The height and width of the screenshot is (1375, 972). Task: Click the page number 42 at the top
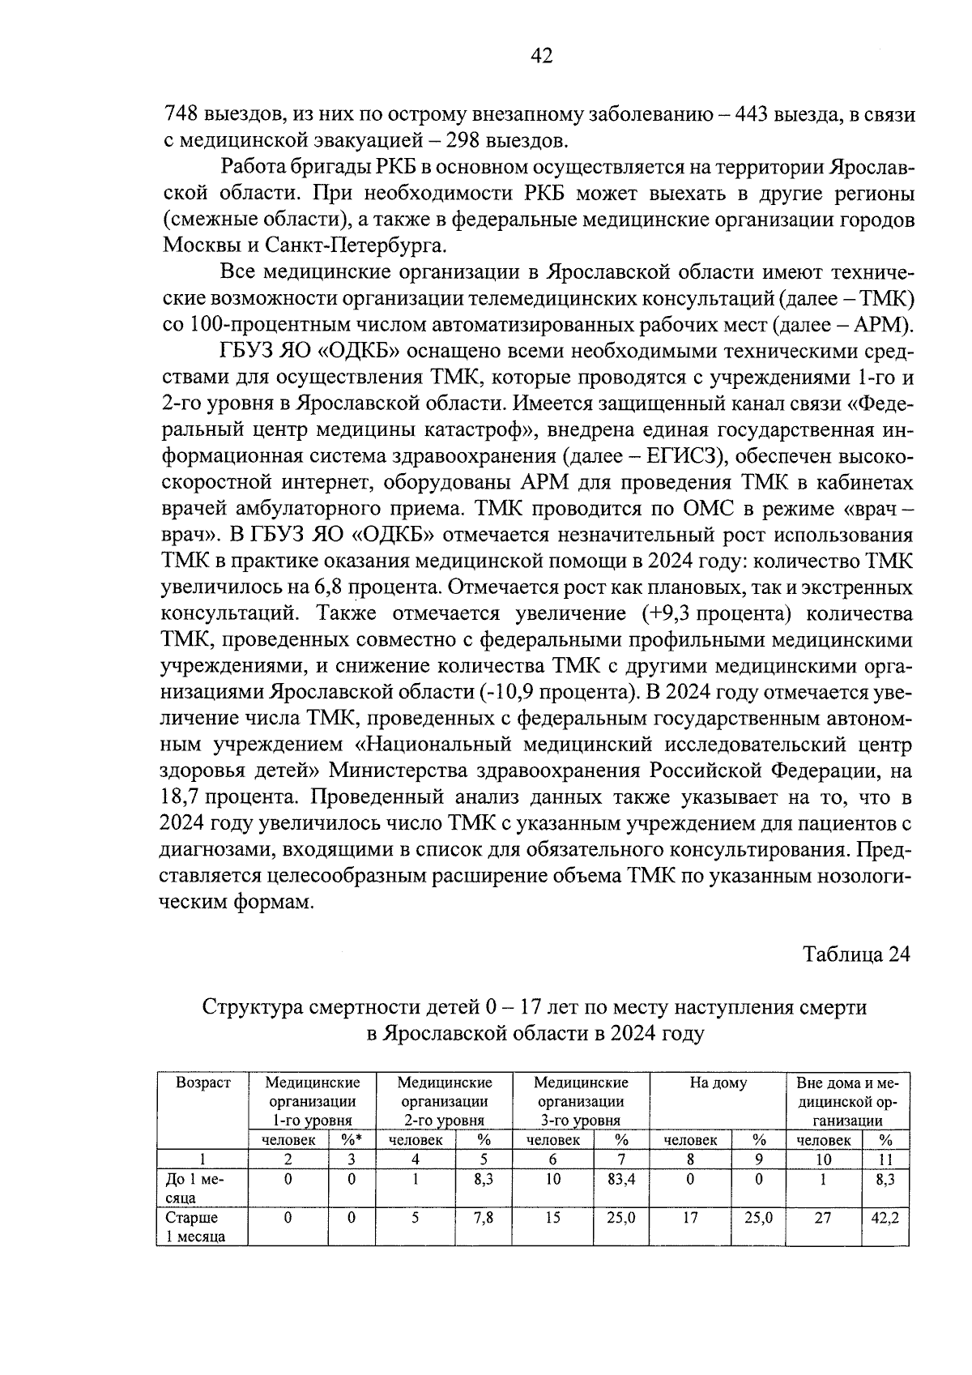click(541, 55)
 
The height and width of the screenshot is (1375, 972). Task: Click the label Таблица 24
click(856, 954)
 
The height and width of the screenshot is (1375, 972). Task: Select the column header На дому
click(718, 1082)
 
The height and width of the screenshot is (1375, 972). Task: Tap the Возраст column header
click(203, 1082)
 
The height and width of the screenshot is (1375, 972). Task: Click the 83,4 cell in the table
click(621, 1180)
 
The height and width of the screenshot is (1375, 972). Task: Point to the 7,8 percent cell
click(484, 1217)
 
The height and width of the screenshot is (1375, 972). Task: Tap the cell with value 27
click(822, 1217)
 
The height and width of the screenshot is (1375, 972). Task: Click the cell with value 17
click(690, 1217)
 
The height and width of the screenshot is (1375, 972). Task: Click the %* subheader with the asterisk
click(351, 1140)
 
